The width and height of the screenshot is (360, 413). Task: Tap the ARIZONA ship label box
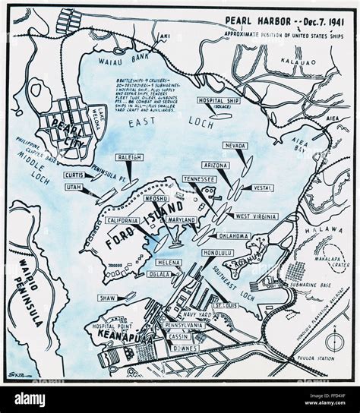[217, 165]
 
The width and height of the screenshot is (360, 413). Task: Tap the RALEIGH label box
[131, 157]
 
